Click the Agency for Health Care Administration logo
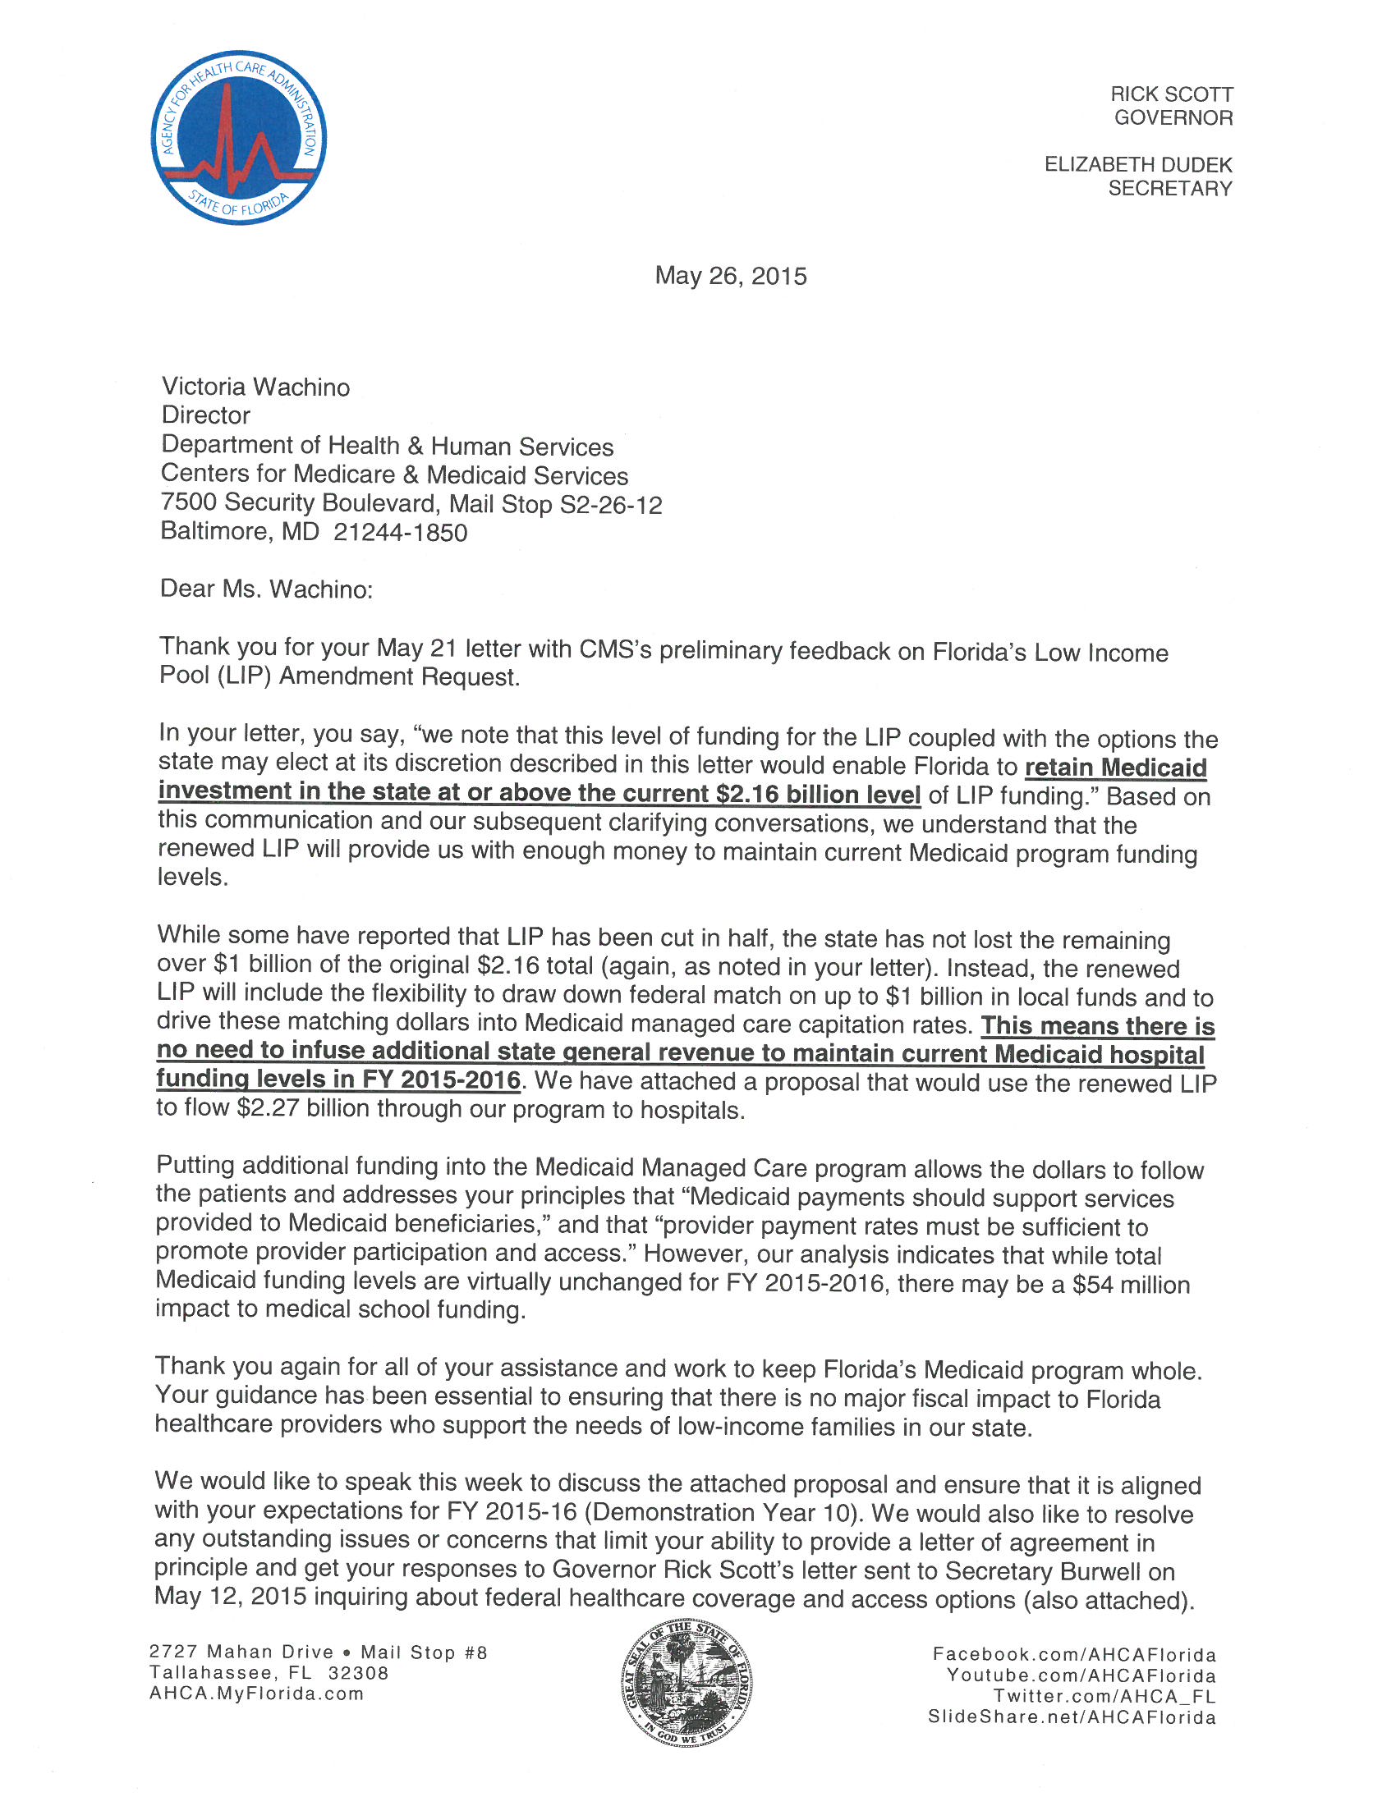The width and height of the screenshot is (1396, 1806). [x=239, y=137]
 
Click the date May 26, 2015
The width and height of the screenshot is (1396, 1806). [x=730, y=275]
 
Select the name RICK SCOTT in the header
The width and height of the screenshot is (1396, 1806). [x=1171, y=94]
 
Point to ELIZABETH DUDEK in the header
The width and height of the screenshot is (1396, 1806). [x=1137, y=164]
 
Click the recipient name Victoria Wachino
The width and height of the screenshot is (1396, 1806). [x=255, y=387]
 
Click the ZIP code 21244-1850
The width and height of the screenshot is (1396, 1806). [x=400, y=533]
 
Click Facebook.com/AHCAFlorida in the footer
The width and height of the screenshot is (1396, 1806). [x=1074, y=1654]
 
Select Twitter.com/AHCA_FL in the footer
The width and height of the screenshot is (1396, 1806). [x=1104, y=1696]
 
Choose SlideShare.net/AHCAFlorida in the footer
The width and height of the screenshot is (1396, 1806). [x=1072, y=1717]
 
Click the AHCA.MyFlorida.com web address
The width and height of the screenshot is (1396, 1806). [x=256, y=1694]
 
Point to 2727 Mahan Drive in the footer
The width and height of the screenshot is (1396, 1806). [x=241, y=1652]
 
